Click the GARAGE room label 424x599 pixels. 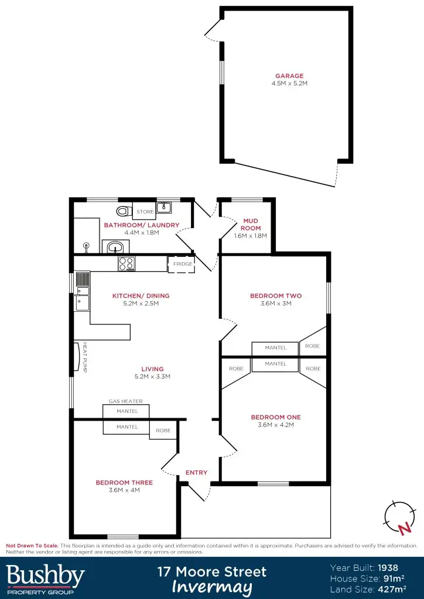point(289,75)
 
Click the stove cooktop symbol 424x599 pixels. point(126,264)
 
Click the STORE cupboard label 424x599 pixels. point(145,212)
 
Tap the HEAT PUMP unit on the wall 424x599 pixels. point(77,357)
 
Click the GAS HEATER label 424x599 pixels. point(125,401)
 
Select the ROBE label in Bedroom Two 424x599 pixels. point(313,346)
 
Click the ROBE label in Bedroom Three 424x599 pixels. point(163,431)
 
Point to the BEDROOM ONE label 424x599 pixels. point(275,417)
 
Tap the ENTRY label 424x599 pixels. point(196,473)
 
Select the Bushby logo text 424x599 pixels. point(45,576)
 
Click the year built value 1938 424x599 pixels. point(388,567)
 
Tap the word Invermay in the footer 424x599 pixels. point(212,587)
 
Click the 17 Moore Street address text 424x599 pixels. point(212,571)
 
